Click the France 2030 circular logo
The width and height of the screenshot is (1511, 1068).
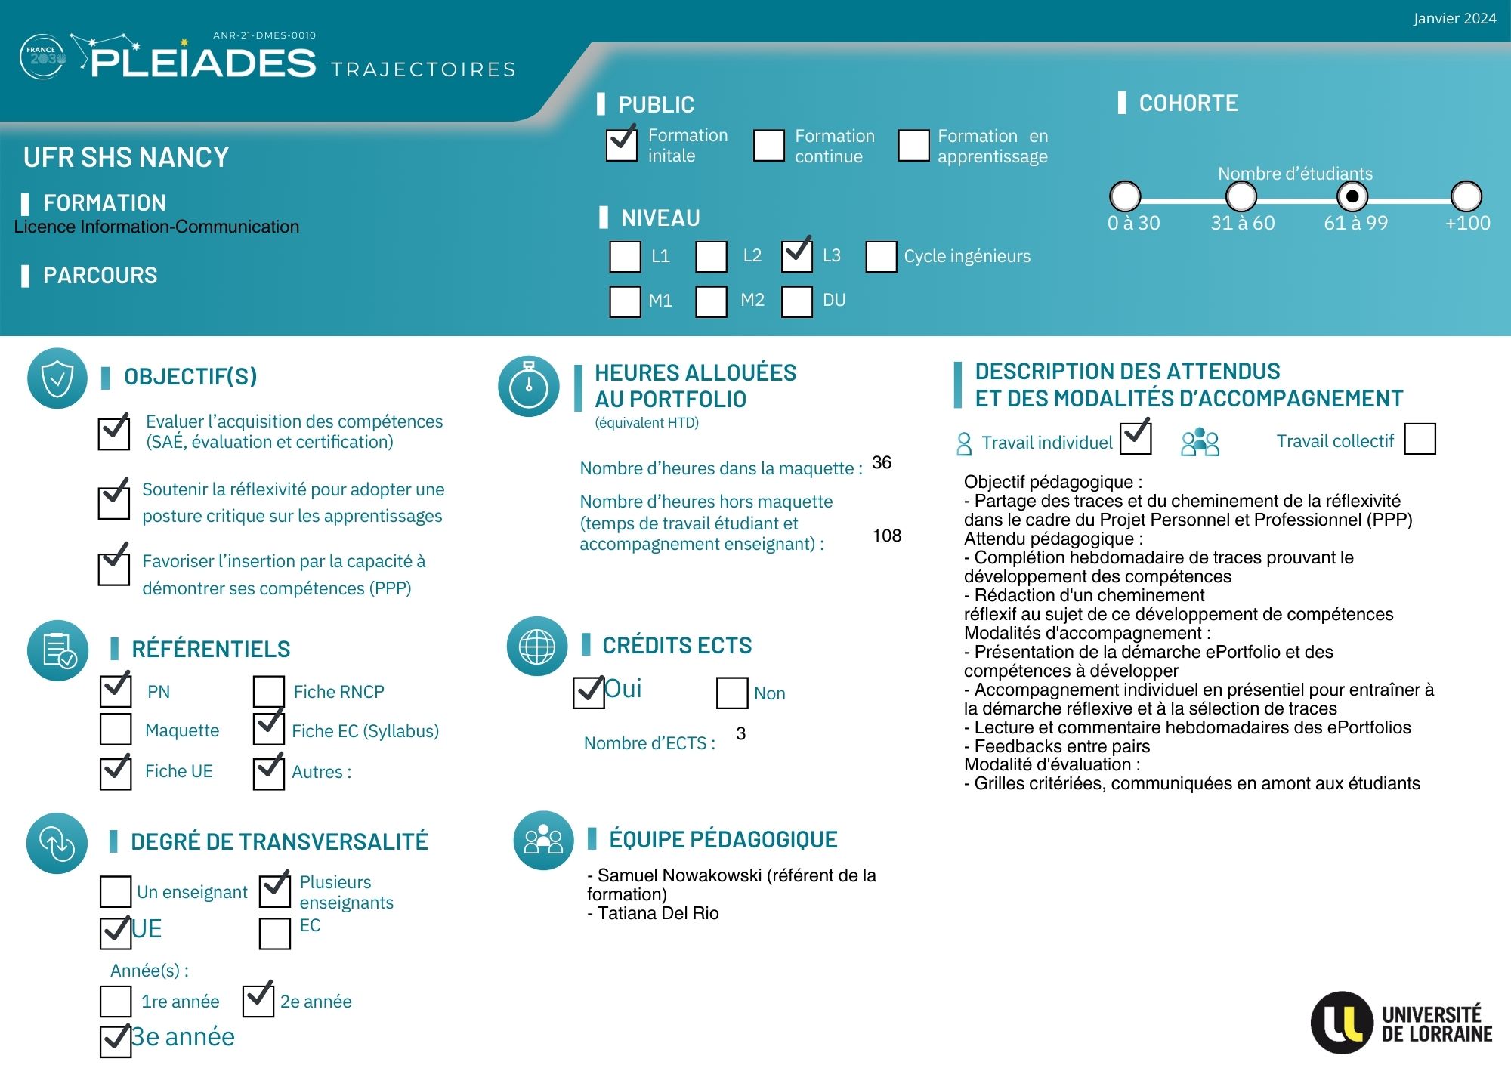coord(42,57)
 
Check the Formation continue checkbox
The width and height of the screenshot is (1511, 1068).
coord(769,145)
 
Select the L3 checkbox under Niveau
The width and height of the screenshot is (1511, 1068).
coord(797,256)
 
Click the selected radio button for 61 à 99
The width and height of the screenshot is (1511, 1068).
coord(1352,196)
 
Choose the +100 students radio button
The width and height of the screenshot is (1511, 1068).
coord(1466,196)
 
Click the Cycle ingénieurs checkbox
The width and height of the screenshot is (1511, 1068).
coord(881,257)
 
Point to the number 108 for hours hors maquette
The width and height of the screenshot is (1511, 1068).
coord(887,536)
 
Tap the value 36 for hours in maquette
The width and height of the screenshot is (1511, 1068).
coord(882,462)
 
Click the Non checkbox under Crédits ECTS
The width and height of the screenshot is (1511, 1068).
coord(732,693)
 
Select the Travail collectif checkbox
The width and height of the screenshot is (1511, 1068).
coord(1420,439)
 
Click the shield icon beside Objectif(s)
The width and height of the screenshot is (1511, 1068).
coord(57,378)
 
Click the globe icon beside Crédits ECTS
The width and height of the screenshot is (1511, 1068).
coord(537,647)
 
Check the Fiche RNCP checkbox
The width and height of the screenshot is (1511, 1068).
coord(269,691)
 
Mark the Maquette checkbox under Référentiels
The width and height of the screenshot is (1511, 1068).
coord(116,730)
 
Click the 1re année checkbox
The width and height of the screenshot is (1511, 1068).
coord(116,1001)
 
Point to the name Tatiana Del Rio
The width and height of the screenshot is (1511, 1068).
coord(658,913)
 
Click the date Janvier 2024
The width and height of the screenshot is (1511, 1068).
coord(1454,18)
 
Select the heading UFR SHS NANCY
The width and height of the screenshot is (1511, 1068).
coord(126,157)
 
